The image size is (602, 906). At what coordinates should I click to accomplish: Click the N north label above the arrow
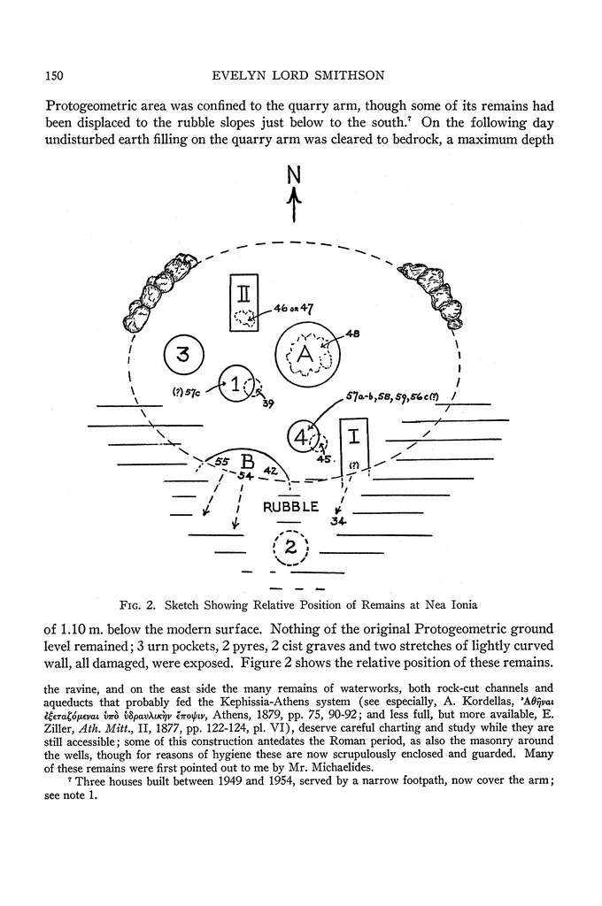point(295,176)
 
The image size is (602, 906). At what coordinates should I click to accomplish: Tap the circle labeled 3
point(183,356)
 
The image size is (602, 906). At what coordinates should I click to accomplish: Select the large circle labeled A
point(306,355)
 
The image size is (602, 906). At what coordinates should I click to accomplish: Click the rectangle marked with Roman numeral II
point(243,302)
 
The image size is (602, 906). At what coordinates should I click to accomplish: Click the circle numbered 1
point(235,385)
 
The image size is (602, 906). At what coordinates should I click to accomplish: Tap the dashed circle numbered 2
point(290,546)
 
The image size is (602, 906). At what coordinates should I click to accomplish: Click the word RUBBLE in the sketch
point(289,507)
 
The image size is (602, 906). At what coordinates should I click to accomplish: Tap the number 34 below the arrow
point(337,521)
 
